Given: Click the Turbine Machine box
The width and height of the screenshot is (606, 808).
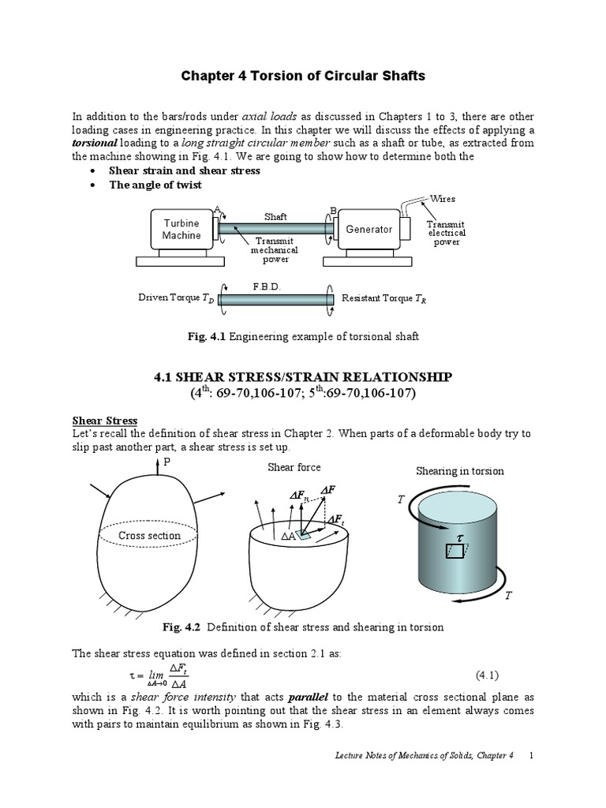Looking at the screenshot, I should click(x=181, y=230).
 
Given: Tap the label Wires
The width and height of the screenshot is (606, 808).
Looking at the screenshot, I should click(x=443, y=199).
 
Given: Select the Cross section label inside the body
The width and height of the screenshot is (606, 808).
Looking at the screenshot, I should click(x=149, y=536).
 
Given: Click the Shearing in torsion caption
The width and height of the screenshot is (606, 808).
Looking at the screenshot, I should click(x=459, y=471).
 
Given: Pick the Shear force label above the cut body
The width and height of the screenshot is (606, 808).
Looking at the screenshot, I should click(x=294, y=467).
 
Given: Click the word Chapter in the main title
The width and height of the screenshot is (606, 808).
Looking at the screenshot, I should click(x=208, y=77).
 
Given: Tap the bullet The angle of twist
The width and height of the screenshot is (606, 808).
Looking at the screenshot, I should click(x=155, y=185).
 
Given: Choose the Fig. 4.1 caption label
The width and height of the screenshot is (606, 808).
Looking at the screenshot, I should click(x=206, y=337).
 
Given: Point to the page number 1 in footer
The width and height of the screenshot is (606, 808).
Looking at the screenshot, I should click(x=532, y=777).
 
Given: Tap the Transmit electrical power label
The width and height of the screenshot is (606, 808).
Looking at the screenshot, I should click(x=447, y=233).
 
